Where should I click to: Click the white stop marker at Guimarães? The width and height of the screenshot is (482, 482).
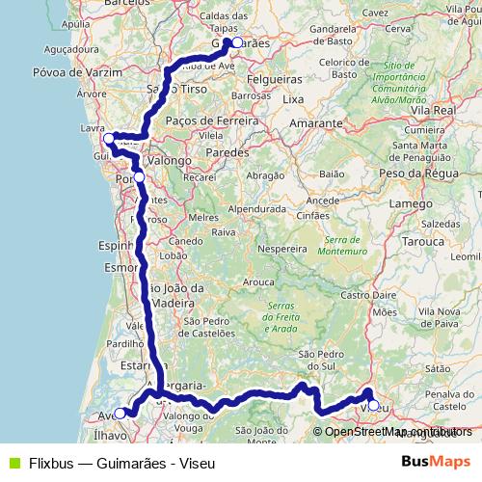(x=237, y=42)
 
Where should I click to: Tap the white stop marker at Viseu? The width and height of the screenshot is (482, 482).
(x=373, y=405)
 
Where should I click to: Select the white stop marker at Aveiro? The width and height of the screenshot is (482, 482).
(x=120, y=414)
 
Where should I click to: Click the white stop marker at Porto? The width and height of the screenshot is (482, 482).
(x=139, y=177)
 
